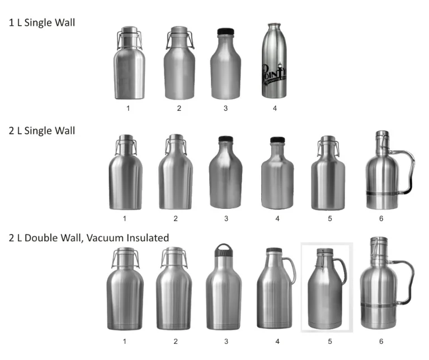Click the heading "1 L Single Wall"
(42, 23)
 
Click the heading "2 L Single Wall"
(42, 130)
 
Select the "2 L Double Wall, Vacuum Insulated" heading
(89, 238)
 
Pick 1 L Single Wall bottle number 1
(129, 64)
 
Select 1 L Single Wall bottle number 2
(179, 64)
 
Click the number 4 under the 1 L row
(275, 108)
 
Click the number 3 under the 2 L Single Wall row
(226, 218)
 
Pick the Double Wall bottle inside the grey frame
(327, 291)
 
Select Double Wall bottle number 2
(176, 294)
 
